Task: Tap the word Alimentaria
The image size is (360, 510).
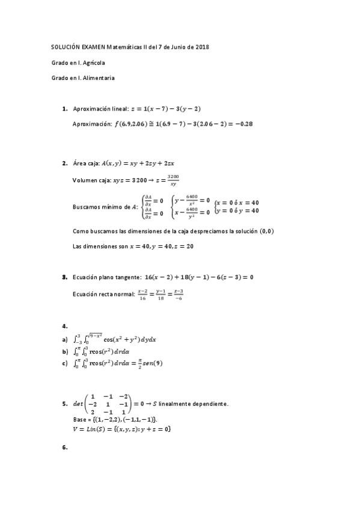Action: tap(97, 78)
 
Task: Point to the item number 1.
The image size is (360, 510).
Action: tap(64, 109)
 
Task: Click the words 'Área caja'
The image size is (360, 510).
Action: tap(86, 163)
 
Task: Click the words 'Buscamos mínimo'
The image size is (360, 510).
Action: tap(99, 207)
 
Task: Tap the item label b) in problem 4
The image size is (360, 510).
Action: tap(65, 351)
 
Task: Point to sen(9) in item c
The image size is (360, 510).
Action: tap(151, 363)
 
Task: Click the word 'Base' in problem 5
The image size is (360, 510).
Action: tap(78, 419)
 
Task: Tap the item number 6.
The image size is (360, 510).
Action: tap(64, 447)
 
